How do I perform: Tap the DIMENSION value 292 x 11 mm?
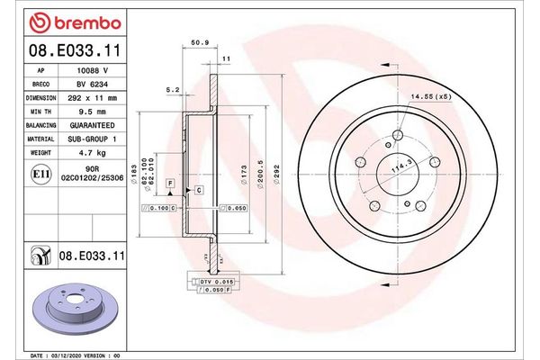pos(93,97)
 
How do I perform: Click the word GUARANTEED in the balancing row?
pos(93,125)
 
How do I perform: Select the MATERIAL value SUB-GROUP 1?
pos(93,139)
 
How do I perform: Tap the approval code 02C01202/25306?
pos(93,178)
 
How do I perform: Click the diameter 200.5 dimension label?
pos(259,175)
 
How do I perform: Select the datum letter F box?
pos(168,183)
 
